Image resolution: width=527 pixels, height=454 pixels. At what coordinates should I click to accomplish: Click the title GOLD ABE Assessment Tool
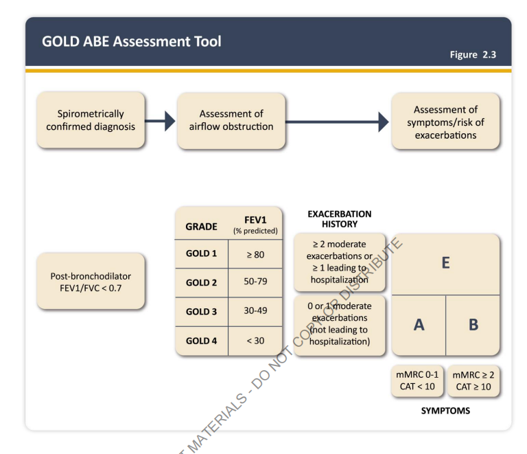131,41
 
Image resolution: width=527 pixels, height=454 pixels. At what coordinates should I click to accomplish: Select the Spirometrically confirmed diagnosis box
91,120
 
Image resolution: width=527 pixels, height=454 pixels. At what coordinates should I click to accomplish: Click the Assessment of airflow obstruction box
231,120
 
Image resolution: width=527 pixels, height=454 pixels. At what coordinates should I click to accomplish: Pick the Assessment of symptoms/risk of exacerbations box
445,122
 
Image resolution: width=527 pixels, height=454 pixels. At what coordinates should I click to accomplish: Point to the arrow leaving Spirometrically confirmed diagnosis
161,122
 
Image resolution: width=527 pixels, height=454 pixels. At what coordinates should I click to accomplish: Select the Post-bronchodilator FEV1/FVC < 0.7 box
91,282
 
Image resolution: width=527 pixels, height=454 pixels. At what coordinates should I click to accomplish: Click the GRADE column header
201,227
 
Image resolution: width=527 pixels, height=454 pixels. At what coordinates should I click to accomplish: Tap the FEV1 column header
255,224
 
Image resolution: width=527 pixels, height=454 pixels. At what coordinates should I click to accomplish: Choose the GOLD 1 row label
201,253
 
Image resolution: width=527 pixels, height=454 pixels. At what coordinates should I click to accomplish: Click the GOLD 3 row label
201,311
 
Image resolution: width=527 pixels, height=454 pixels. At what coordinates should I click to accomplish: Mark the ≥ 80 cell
255,254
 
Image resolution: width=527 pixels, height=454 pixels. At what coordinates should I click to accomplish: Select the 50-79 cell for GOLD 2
255,282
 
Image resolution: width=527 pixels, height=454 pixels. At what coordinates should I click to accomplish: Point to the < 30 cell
255,340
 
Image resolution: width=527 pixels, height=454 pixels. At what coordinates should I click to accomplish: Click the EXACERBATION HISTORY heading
339,219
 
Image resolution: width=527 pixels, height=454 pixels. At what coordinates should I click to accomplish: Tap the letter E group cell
445,263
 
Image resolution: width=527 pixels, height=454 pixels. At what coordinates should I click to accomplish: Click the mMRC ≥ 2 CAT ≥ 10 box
473,381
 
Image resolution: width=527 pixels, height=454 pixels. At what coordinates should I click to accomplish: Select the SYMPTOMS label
445,411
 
